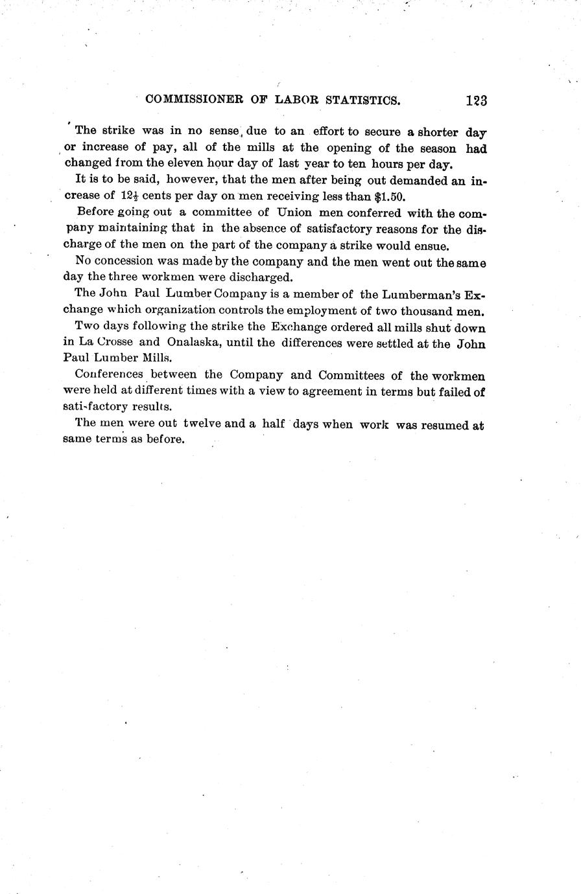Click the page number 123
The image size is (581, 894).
point(475,100)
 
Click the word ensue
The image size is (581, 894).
point(429,246)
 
